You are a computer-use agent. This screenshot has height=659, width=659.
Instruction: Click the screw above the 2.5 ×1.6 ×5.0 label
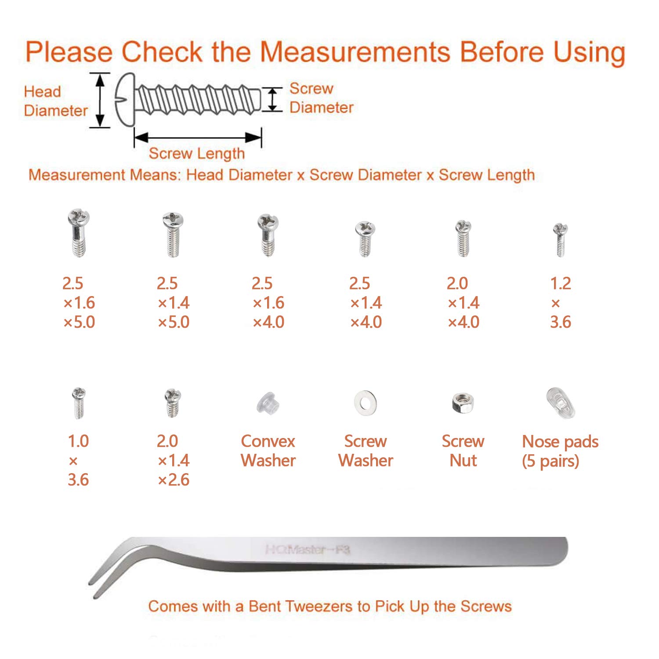pyautogui.click(x=79, y=233)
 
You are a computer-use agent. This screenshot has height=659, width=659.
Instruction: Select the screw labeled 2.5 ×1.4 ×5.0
pyautogui.click(x=173, y=234)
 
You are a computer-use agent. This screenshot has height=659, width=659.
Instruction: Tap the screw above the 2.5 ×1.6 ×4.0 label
pyautogui.click(x=268, y=235)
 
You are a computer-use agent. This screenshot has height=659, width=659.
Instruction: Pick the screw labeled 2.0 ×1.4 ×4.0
pyautogui.click(x=463, y=238)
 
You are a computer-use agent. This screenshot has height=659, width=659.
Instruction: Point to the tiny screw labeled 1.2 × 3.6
pyautogui.click(x=560, y=239)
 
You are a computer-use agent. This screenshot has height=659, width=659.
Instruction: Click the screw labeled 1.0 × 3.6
pyautogui.click(x=79, y=402)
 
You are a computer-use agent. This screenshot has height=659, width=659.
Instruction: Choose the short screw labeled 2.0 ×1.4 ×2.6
pyautogui.click(x=173, y=402)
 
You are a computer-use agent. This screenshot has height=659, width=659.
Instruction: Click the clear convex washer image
pyautogui.click(x=268, y=403)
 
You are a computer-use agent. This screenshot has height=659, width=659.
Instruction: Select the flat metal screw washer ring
pyautogui.click(x=365, y=402)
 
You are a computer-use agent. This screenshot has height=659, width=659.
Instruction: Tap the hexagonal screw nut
pyautogui.click(x=463, y=403)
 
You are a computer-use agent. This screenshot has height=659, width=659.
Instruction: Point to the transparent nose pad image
pyautogui.click(x=561, y=403)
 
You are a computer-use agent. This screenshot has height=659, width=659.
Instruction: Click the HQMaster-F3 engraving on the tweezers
pyautogui.click(x=307, y=550)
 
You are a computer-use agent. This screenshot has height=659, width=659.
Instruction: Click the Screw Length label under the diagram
pyautogui.click(x=196, y=153)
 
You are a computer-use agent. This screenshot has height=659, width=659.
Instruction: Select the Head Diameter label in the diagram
pyautogui.click(x=55, y=101)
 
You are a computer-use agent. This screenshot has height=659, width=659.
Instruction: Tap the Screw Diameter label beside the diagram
pyautogui.click(x=321, y=98)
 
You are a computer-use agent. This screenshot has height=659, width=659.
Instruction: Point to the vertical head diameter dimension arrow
pyautogui.click(x=100, y=100)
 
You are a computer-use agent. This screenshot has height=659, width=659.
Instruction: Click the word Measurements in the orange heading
pyautogui.click(x=355, y=52)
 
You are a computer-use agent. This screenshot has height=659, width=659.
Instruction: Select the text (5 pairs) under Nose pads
pyautogui.click(x=550, y=461)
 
